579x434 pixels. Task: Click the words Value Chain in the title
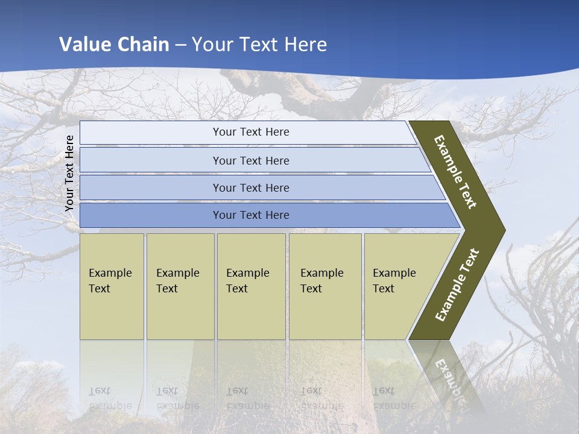(114, 45)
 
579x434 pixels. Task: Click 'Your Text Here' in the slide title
(259, 45)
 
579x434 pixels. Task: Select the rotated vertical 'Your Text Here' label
(70, 174)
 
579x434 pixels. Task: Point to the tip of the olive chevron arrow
(504, 230)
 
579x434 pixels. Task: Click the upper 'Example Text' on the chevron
(456, 172)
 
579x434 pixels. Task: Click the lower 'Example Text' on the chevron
(457, 285)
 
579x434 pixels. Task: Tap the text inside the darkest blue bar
(251, 215)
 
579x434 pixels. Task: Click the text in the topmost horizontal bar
(251, 132)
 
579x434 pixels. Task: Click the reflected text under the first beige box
(110, 398)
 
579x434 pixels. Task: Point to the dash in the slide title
(180, 45)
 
